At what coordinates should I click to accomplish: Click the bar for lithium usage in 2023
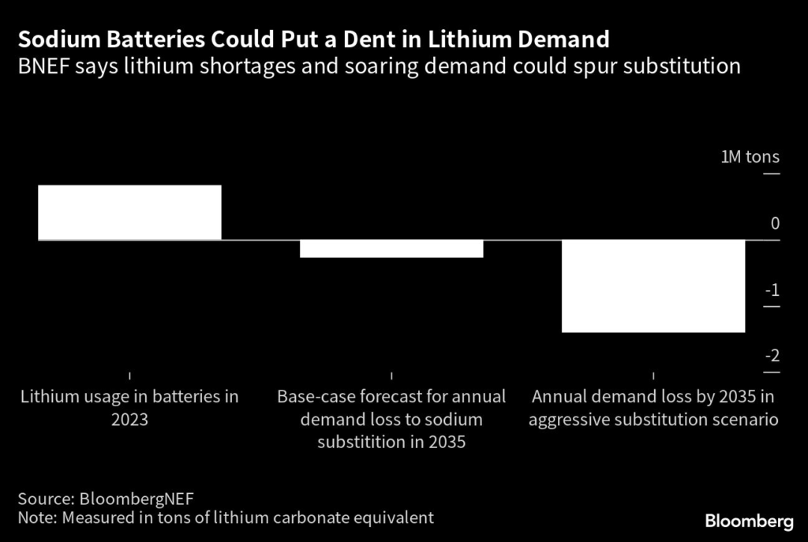(x=129, y=212)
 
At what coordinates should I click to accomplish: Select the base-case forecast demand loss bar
(x=391, y=249)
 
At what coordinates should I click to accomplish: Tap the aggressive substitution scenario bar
(x=653, y=286)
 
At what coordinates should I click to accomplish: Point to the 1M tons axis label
(x=750, y=157)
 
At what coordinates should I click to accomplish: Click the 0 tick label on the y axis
(x=775, y=224)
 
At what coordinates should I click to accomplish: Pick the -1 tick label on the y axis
(x=772, y=291)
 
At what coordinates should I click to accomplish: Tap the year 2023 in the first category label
(x=129, y=420)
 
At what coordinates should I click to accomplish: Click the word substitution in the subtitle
(x=682, y=65)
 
